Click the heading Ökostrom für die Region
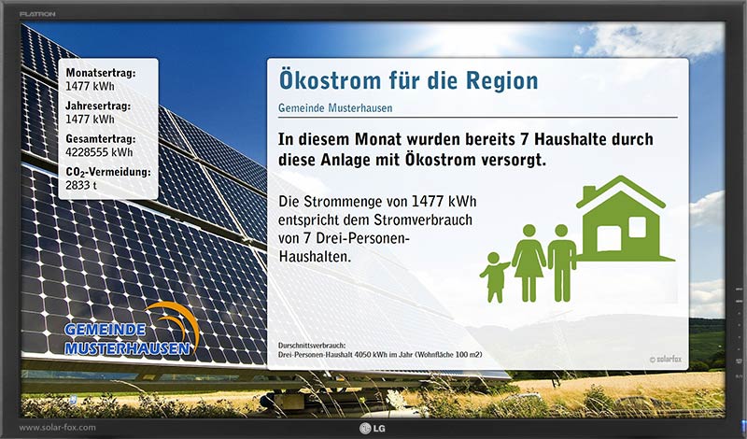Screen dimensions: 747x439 408,80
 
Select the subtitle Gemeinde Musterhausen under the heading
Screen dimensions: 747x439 335,108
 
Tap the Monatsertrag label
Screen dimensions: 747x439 101,73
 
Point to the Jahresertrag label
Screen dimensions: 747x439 98,106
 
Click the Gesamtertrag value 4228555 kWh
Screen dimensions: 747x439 99,152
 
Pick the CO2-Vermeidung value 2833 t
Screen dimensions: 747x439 81,185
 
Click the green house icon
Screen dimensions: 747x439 625,219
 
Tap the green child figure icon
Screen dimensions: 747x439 495,277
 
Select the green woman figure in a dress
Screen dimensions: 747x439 529,263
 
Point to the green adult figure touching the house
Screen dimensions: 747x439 562,263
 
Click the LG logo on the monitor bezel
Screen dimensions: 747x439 373,429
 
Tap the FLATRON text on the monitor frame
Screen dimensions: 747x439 37,14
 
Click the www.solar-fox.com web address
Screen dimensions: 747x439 57,428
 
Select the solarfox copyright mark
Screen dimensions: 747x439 665,360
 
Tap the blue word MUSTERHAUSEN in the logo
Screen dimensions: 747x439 127,349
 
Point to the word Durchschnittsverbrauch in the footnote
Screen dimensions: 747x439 312,345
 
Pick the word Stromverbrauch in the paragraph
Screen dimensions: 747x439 423,219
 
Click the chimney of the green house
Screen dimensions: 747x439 589,192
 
